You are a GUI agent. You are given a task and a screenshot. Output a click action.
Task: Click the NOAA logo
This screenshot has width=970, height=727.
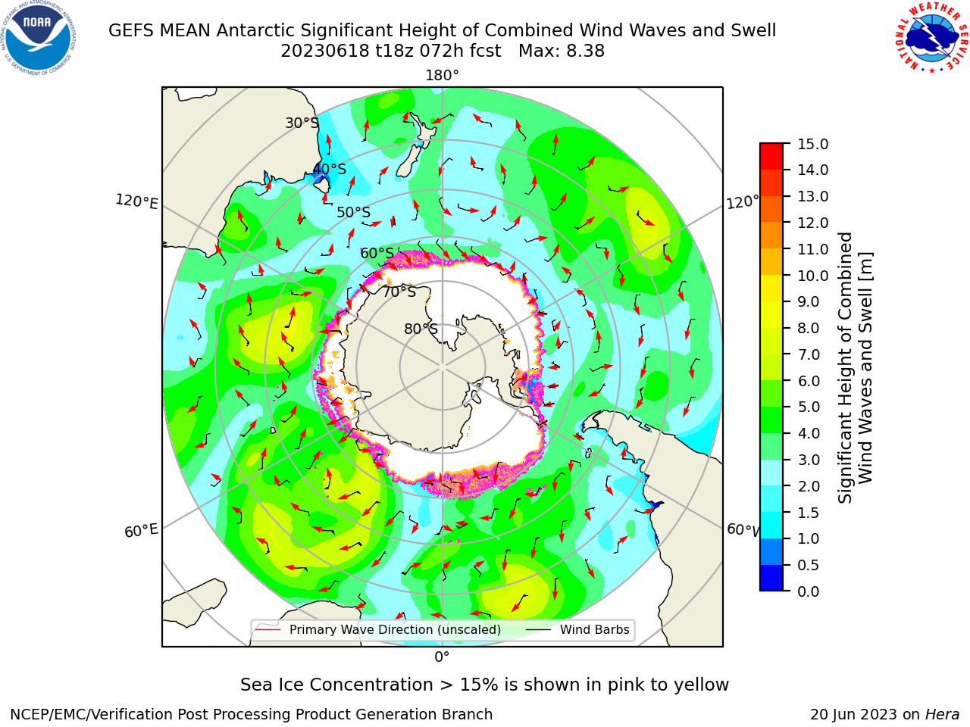coord(39,38)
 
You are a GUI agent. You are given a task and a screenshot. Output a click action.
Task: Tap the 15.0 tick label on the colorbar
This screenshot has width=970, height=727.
coord(812,144)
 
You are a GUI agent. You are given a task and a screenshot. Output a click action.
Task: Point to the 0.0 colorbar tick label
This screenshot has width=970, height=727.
coord(809,591)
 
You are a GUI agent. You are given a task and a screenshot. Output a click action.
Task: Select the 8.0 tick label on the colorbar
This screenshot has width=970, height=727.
coord(809,328)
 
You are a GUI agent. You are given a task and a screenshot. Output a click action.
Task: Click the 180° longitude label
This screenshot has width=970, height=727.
coord(442,76)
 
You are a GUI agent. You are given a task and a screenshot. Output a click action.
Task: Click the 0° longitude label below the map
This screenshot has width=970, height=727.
coord(442,657)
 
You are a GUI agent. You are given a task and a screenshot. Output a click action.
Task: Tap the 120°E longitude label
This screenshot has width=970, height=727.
coord(136,201)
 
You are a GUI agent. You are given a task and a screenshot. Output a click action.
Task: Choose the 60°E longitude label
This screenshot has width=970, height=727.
coord(141,531)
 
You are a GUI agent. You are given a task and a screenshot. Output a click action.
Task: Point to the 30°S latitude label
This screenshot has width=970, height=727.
coord(302,123)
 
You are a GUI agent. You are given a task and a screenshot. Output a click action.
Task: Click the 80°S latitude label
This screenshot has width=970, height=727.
coord(421,329)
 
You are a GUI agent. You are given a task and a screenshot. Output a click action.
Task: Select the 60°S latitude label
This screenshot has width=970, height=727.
coord(377,253)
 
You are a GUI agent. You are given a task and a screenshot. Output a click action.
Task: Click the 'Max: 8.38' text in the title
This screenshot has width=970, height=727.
coord(562,51)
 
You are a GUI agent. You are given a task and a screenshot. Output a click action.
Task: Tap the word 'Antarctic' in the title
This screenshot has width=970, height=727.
coord(255,30)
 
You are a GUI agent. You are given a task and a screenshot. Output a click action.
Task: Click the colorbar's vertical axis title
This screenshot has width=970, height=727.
coord(855,368)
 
